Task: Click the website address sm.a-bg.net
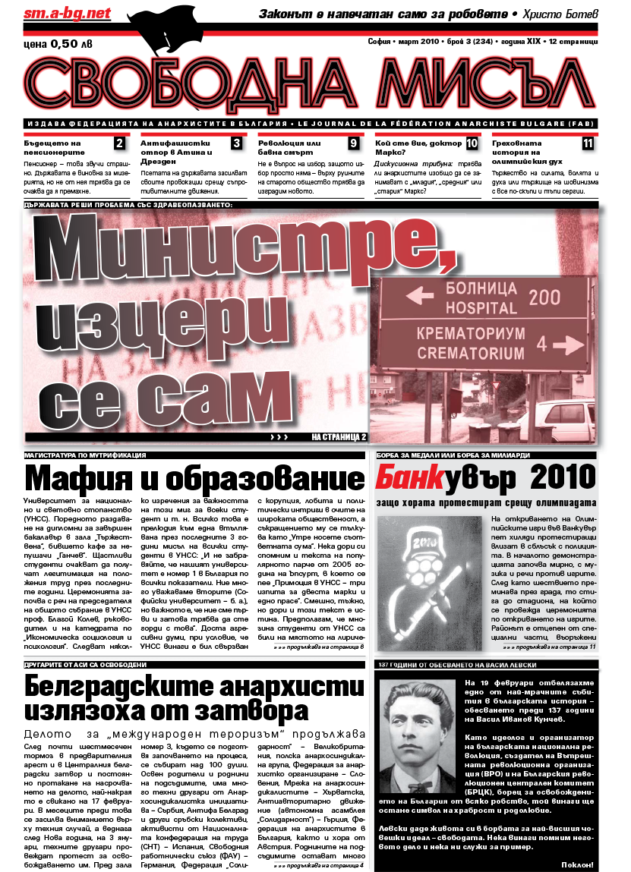pos(58,13)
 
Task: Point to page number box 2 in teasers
pos(119,143)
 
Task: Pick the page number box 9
pos(353,143)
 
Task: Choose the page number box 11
pos(588,143)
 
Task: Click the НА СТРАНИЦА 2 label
pos(339,437)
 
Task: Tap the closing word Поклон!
pos(576,864)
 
